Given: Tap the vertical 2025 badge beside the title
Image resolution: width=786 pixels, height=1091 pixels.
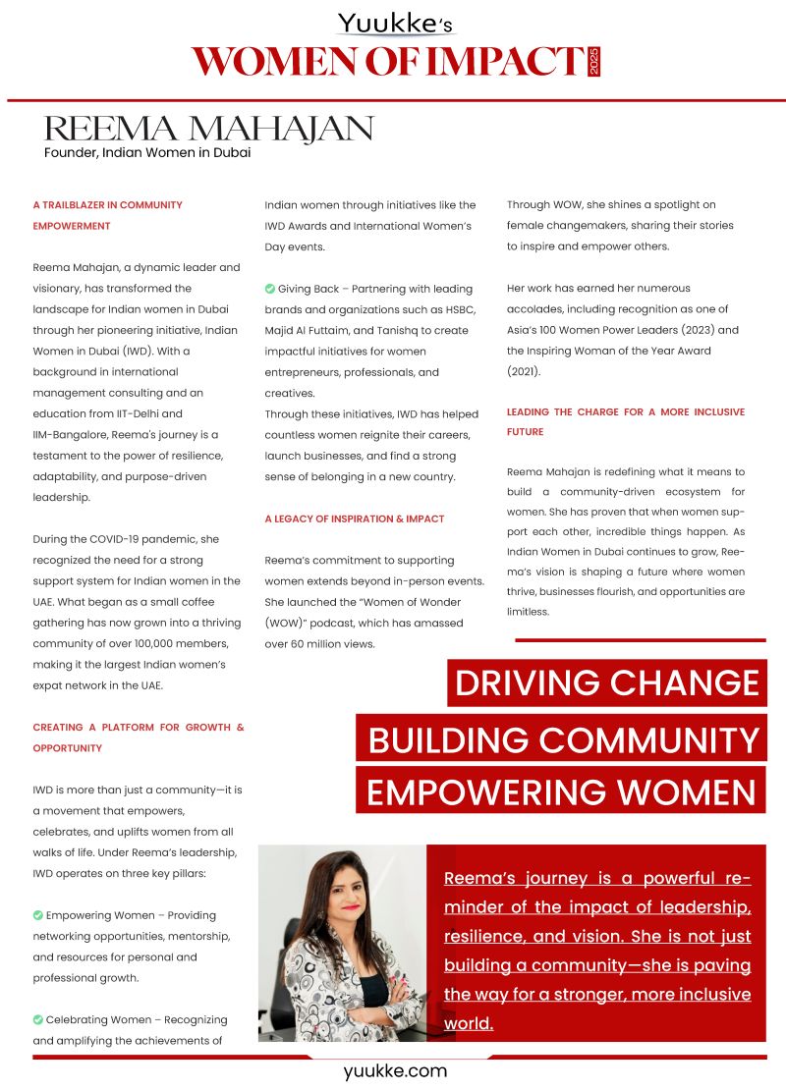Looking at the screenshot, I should tap(592, 62).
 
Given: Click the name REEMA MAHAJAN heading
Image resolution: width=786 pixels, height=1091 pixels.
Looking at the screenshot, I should tap(209, 129).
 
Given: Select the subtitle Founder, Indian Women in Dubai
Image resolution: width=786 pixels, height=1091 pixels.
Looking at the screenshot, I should tap(147, 152).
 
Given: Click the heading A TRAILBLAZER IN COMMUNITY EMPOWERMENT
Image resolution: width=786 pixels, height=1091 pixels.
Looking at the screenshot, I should tap(107, 215).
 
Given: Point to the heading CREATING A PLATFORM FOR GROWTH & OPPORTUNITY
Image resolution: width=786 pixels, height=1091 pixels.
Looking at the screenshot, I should tap(138, 737).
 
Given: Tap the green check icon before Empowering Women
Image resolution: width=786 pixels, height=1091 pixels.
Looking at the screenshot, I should tap(38, 915).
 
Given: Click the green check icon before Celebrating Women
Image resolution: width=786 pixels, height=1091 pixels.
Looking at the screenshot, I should tap(38, 1019).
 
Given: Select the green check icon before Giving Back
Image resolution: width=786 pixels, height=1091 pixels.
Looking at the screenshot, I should tap(270, 289).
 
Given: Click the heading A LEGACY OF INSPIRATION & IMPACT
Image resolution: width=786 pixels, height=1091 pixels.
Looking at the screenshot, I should tap(355, 518).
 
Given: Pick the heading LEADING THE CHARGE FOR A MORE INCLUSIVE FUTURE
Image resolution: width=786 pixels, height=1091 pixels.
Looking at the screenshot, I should tap(625, 421).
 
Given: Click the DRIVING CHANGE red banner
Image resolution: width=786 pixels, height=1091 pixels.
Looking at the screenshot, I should tap(606, 682).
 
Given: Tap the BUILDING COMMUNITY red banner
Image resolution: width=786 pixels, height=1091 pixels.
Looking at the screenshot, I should tap(563, 739).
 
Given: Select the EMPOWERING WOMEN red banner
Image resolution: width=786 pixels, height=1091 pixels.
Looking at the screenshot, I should tap(560, 791).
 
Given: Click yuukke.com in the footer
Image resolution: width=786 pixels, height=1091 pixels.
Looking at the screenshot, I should tap(395, 1071).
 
